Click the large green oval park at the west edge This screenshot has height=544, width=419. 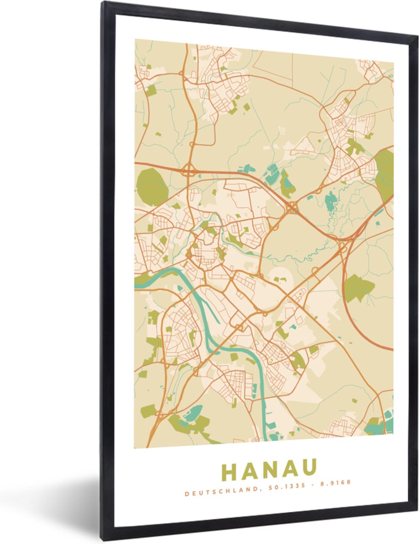[152, 186]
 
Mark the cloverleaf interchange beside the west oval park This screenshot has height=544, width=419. [188, 171]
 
